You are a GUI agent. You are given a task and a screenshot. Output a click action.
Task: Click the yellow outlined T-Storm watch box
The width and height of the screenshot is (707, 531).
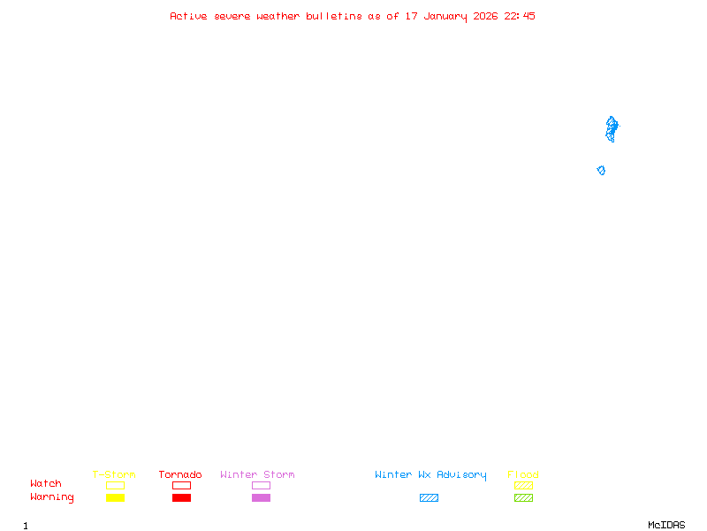[115, 485]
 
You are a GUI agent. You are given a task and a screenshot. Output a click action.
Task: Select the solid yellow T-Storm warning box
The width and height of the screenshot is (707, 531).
[115, 497]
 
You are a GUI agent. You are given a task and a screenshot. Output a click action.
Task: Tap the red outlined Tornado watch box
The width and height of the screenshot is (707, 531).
[181, 485]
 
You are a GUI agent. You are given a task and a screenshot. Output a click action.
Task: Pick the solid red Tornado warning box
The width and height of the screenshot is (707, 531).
[181, 497]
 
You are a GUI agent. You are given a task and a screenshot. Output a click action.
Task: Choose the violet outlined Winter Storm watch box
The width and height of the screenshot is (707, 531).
[261, 485]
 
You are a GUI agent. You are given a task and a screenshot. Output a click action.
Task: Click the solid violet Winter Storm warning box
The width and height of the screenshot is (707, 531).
[261, 497]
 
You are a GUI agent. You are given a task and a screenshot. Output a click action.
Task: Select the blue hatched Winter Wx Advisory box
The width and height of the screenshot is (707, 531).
[429, 497]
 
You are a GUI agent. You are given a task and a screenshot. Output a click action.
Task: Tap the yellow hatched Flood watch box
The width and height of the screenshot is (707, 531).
[523, 485]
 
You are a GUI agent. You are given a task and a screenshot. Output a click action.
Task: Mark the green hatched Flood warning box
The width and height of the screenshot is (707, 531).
[523, 497]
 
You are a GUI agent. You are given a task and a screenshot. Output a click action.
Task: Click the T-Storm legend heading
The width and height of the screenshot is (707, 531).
[114, 474]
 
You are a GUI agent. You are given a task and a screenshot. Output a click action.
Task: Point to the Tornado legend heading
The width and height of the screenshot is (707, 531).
[180, 474]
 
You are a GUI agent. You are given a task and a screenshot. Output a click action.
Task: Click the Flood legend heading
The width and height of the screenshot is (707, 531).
[523, 474]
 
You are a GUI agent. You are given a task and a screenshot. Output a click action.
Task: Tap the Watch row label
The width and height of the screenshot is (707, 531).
[46, 484]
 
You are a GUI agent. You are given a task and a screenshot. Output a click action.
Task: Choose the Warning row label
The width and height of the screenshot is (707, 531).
[51, 497]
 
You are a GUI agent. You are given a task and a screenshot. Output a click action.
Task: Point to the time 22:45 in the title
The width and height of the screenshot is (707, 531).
[520, 16]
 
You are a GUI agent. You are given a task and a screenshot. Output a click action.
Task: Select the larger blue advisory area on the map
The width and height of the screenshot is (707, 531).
[611, 127]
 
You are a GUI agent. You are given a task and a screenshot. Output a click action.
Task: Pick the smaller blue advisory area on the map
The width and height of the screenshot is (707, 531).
[601, 170]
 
